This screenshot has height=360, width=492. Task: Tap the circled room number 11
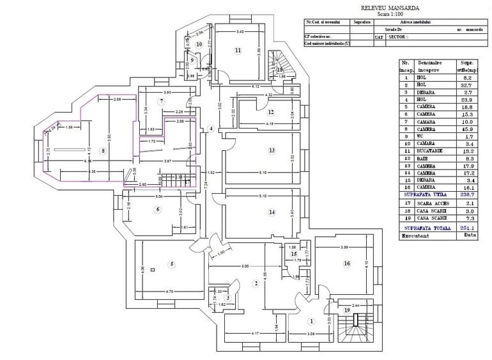238,50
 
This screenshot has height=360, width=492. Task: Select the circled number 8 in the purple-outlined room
103,151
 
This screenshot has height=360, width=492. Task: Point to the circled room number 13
272,151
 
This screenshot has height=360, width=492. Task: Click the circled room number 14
272,212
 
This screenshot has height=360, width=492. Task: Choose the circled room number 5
171,264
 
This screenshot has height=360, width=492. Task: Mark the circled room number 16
347,263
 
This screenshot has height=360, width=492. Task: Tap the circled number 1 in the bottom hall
312,322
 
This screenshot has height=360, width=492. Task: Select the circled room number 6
158,209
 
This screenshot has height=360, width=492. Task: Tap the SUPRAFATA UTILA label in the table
425,193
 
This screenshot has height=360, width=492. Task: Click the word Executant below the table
415,235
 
